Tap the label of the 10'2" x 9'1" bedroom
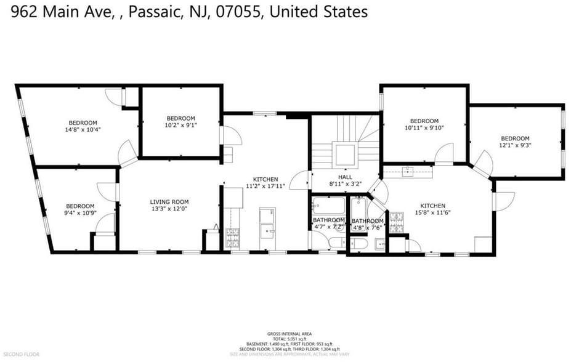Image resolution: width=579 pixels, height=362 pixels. (x=180, y=122)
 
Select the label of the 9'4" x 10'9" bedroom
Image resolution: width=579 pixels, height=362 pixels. (x=81, y=209)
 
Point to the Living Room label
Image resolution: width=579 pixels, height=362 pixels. (x=169, y=205)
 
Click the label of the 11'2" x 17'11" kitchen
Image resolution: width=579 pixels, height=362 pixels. (x=265, y=182)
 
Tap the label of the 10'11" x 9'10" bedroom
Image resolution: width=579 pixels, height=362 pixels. (x=424, y=124)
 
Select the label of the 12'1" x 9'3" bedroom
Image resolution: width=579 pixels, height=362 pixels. (x=514, y=142)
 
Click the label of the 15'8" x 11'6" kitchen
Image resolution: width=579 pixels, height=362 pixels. (x=432, y=209)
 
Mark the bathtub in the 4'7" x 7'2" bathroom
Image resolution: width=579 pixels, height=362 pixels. (x=328, y=205)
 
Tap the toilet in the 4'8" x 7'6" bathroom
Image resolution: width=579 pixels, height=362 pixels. (x=362, y=245)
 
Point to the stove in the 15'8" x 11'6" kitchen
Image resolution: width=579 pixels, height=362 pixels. (x=397, y=217)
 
